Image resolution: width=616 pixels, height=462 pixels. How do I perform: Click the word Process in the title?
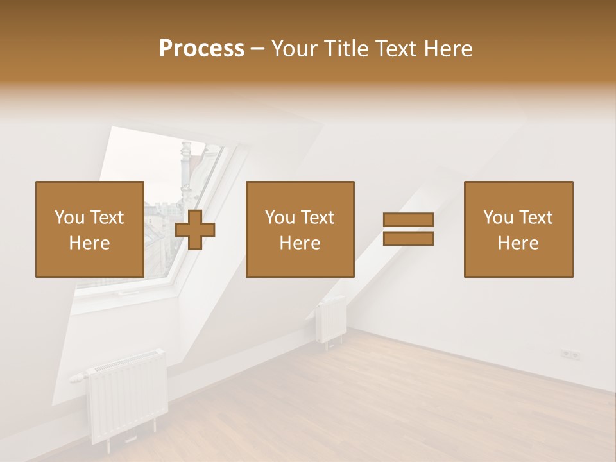pyautogui.click(x=201, y=49)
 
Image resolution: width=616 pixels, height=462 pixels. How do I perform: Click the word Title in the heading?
pyautogui.click(x=345, y=49)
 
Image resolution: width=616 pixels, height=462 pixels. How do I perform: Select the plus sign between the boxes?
pyautogui.click(x=195, y=230)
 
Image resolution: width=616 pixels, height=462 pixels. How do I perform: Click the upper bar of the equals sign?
pyautogui.click(x=408, y=220)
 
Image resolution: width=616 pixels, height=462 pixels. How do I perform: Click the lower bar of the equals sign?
pyautogui.click(x=408, y=239)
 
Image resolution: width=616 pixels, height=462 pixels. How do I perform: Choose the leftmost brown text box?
pyautogui.click(x=89, y=229)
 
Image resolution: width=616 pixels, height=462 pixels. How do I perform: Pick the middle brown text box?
pyautogui.click(x=300, y=229)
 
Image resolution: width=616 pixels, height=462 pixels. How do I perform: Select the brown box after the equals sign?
pyautogui.click(x=518, y=229)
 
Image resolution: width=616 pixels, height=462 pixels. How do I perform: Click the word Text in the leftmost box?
pyautogui.click(x=107, y=218)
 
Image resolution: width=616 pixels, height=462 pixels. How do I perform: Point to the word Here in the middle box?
pyautogui.click(x=300, y=243)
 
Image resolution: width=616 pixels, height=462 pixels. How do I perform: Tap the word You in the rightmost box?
pyautogui.click(x=499, y=218)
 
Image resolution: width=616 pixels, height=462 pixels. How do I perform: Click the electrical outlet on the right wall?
pyautogui.click(x=570, y=354)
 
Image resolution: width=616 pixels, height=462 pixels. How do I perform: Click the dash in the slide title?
pyautogui.click(x=257, y=49)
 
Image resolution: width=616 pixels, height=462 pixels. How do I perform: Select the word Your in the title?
pyautogui.click(x=294, y=49)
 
